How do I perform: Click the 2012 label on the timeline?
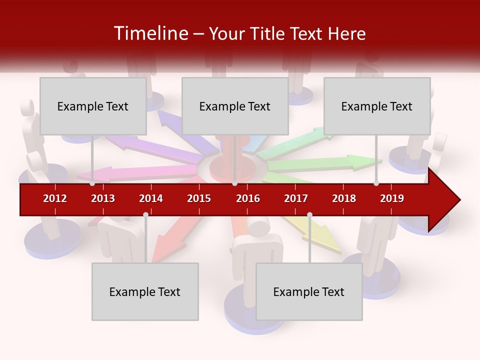[x=55, y=198]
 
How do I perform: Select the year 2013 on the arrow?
[x=103, y=198]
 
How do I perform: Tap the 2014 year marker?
[x=151, y=198]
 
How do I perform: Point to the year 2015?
[x=199, y=198]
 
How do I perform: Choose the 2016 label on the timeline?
[x=248, y=198]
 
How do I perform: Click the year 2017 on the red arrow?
[x=296, y=198]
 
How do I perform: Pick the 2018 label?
[x=344, y=198]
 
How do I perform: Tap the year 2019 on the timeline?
[x=392, y=198]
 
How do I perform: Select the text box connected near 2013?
[x=93, y=106]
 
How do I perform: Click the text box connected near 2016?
[x=235, y=106]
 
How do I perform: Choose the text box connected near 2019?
[x=377, y=106]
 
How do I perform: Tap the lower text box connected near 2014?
[x=145, y=291]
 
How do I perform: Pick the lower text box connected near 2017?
[x=309, y=291]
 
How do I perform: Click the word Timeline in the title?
[x=150, y=33]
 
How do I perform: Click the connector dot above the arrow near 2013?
[x=92, y=183]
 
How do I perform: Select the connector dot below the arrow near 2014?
[x=145, y=214]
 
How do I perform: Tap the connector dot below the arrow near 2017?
[x=309, y=214]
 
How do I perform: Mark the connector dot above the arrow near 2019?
[x=376, y=183]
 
